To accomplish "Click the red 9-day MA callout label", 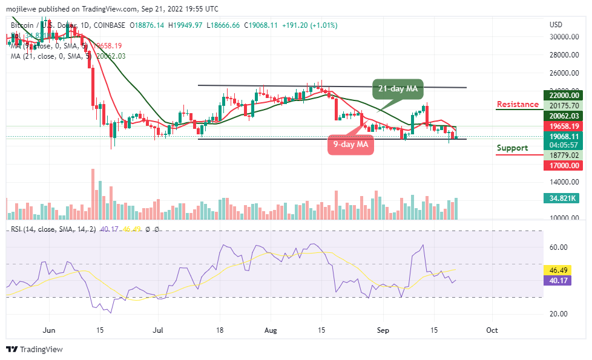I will (351, 145).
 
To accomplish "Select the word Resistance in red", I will (518, 105).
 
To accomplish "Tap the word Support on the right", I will (512, 148).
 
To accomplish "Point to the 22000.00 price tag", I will (564, 95).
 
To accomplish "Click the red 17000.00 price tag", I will (564, 165).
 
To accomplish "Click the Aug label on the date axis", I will (271, 330).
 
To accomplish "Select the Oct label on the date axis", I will (492, 330).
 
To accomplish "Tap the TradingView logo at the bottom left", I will (35, 349).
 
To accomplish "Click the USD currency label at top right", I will (556, 25).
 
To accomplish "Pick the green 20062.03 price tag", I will (564, 116).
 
